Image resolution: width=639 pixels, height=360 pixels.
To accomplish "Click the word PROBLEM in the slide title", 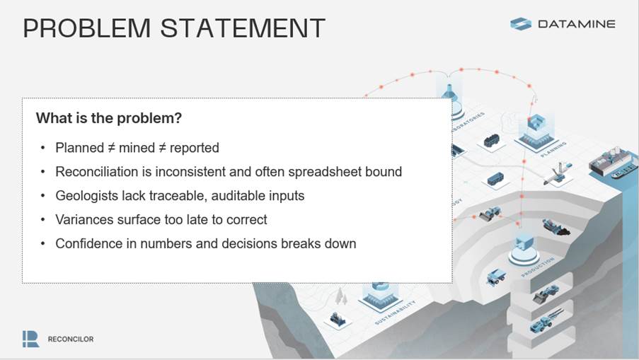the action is tap(87, 28).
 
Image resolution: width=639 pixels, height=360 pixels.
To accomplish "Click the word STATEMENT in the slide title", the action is tap(243, 28).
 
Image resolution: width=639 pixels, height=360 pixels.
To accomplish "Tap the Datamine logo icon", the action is tap(520, 23).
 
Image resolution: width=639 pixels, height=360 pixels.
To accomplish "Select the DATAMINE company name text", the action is tap(577, 24).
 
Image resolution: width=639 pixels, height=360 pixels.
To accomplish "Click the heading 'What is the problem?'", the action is tap(109, 118).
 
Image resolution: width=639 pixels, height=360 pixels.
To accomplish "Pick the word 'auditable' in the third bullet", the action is tap(237, 195).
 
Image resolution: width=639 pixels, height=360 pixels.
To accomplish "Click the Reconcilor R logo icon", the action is tap(31, 339).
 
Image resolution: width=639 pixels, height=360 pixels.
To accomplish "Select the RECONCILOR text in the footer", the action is tap(71, 339).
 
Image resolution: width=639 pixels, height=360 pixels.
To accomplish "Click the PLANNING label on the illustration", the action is tap(553, 149).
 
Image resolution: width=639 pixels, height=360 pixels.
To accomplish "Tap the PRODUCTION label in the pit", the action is tap(538, 267).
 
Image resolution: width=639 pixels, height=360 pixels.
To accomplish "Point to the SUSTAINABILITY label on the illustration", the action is tap(396, 313).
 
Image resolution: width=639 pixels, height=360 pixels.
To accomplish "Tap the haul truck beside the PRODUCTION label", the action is tap(496, 277).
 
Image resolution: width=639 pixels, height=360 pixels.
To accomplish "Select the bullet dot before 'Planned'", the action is tap(42, 148).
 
